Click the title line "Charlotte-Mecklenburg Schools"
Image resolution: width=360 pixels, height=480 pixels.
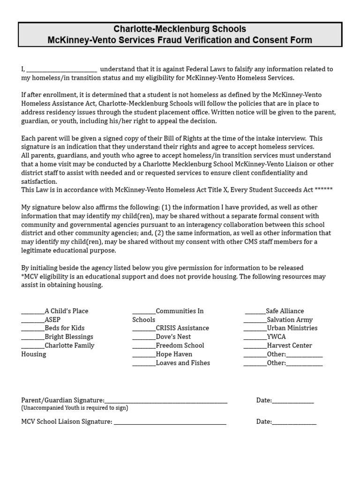click(180, 29)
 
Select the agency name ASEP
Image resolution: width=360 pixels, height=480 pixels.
click(52, 320)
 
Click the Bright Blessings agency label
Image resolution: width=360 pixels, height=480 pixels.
click(69, 337)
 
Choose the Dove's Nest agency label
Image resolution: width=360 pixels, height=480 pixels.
click(173, 337)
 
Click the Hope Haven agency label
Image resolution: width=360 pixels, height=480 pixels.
click(174, 354)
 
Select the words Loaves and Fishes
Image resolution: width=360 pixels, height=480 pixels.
click(183, 363)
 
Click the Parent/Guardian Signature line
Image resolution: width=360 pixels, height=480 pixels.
click(166, 402)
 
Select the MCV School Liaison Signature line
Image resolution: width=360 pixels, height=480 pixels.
click(170, 423)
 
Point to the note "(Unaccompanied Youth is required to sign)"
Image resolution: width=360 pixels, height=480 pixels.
click(75, 408)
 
